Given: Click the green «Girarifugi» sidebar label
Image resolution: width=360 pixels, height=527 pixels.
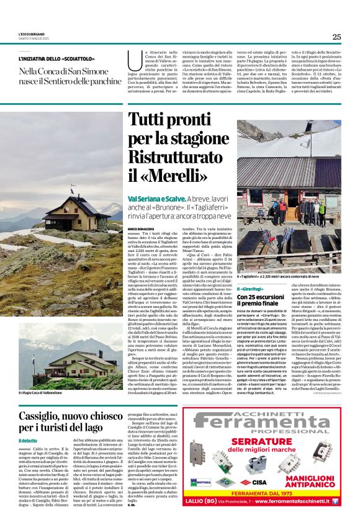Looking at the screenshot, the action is point(251,289).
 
